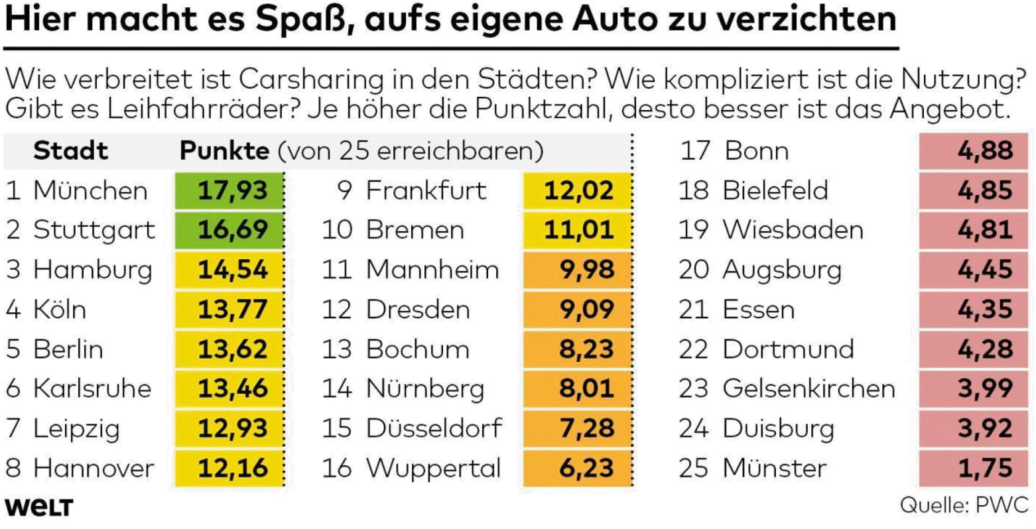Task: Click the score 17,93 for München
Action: coord(233,190)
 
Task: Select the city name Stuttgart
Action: coord(94,230)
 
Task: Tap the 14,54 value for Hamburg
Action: coord(233,270)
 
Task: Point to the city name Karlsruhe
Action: coord(92,388)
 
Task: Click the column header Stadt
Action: coord(70,151)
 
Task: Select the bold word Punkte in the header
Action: coord(224,151)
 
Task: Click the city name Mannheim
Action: coord(432,270)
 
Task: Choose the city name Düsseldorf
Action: coord(434,428)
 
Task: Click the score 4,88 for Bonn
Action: coord(985,151)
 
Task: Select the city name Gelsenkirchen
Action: coord(809,388)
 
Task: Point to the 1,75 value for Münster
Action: coord(985,468)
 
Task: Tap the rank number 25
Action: coord(694,468)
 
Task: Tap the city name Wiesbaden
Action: coord(793,230)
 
